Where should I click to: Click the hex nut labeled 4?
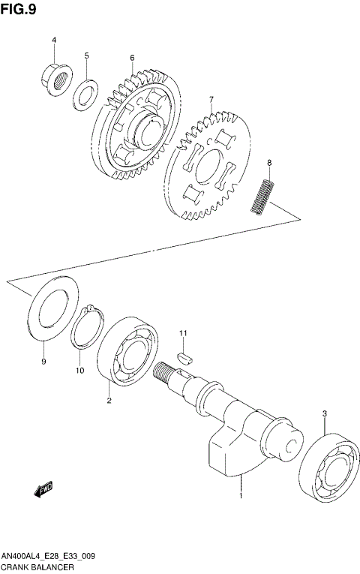pos(55,77)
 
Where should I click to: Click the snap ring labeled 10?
pos(88,327)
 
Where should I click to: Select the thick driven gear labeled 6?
pos(139,123)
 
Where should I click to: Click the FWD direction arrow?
pos(43,489)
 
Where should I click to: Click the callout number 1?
pos(241,496)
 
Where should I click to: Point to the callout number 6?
pos(131,58)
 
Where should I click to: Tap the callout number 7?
pos(211,99)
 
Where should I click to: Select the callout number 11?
pos(182,332)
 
